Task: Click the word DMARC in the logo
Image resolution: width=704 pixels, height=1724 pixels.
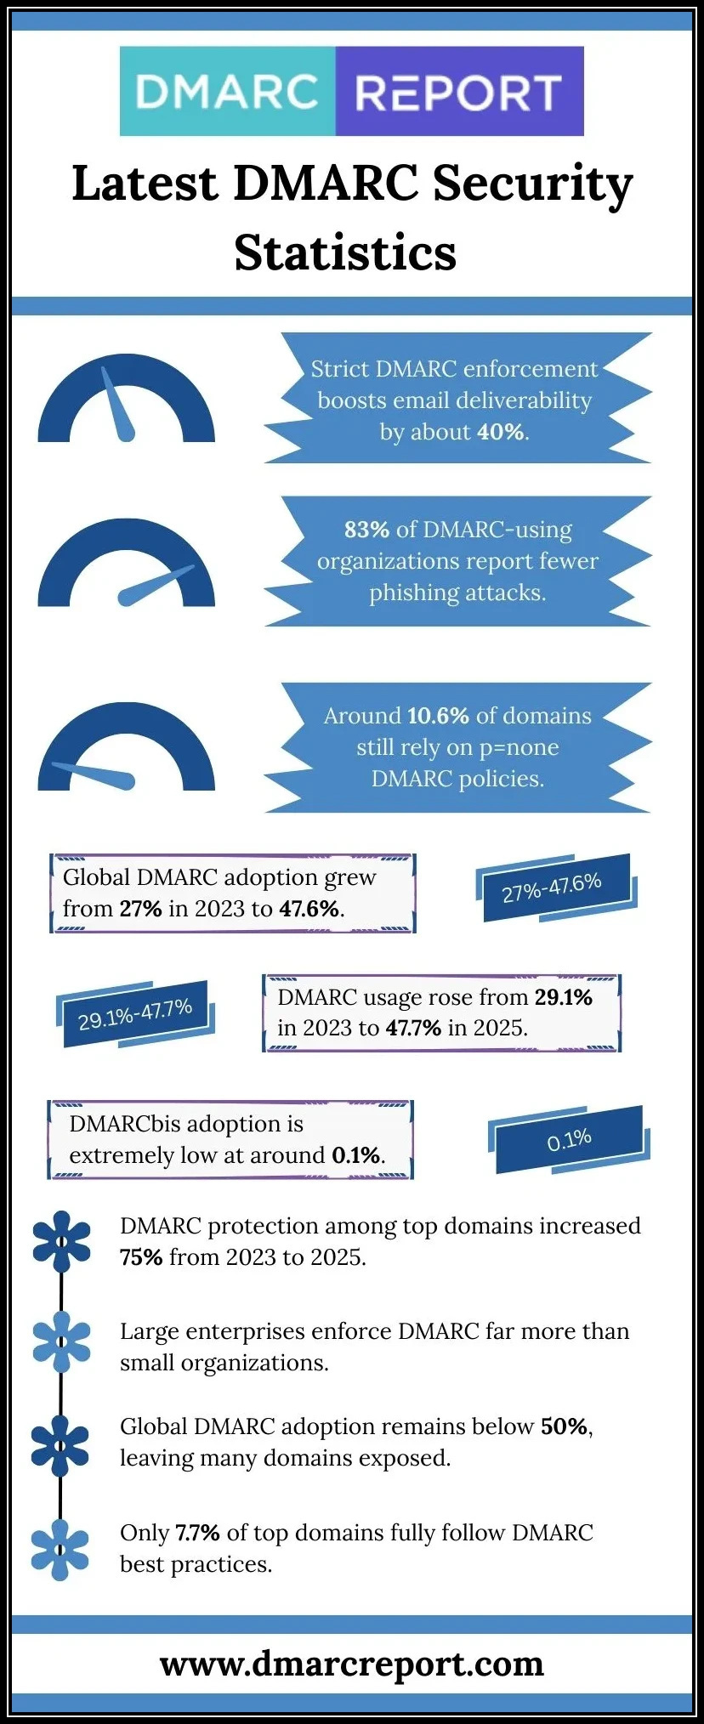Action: pos(226,92)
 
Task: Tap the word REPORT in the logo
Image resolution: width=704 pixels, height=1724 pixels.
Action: pos(458,93)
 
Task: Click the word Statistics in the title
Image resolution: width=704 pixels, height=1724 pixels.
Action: pos(345,252)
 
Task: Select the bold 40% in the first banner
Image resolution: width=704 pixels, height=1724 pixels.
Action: pos(500,432)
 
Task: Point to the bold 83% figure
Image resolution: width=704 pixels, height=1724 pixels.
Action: pos(366,530)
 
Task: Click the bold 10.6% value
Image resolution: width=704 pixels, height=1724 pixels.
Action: pos(438,716)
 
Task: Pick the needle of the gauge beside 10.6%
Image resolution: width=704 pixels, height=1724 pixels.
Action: pos(94,774)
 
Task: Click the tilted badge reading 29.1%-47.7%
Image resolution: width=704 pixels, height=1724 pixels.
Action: pos(135,1013)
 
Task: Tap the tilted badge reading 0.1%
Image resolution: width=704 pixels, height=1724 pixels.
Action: pos(569,1140)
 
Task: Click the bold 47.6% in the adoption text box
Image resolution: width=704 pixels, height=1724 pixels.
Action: pos(309,909)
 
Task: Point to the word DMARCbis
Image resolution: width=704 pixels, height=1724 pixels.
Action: pos(124,1124)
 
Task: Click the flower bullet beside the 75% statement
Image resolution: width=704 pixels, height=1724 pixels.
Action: pos(61,1241)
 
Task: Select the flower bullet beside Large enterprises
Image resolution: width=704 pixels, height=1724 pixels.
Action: pos(61,1341)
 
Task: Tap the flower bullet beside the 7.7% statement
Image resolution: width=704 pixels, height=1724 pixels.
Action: pos(60,1549)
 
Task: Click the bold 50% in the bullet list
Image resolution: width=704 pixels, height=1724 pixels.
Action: pos(565,1426)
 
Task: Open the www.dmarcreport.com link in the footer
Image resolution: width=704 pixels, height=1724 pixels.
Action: pos(351,1664)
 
